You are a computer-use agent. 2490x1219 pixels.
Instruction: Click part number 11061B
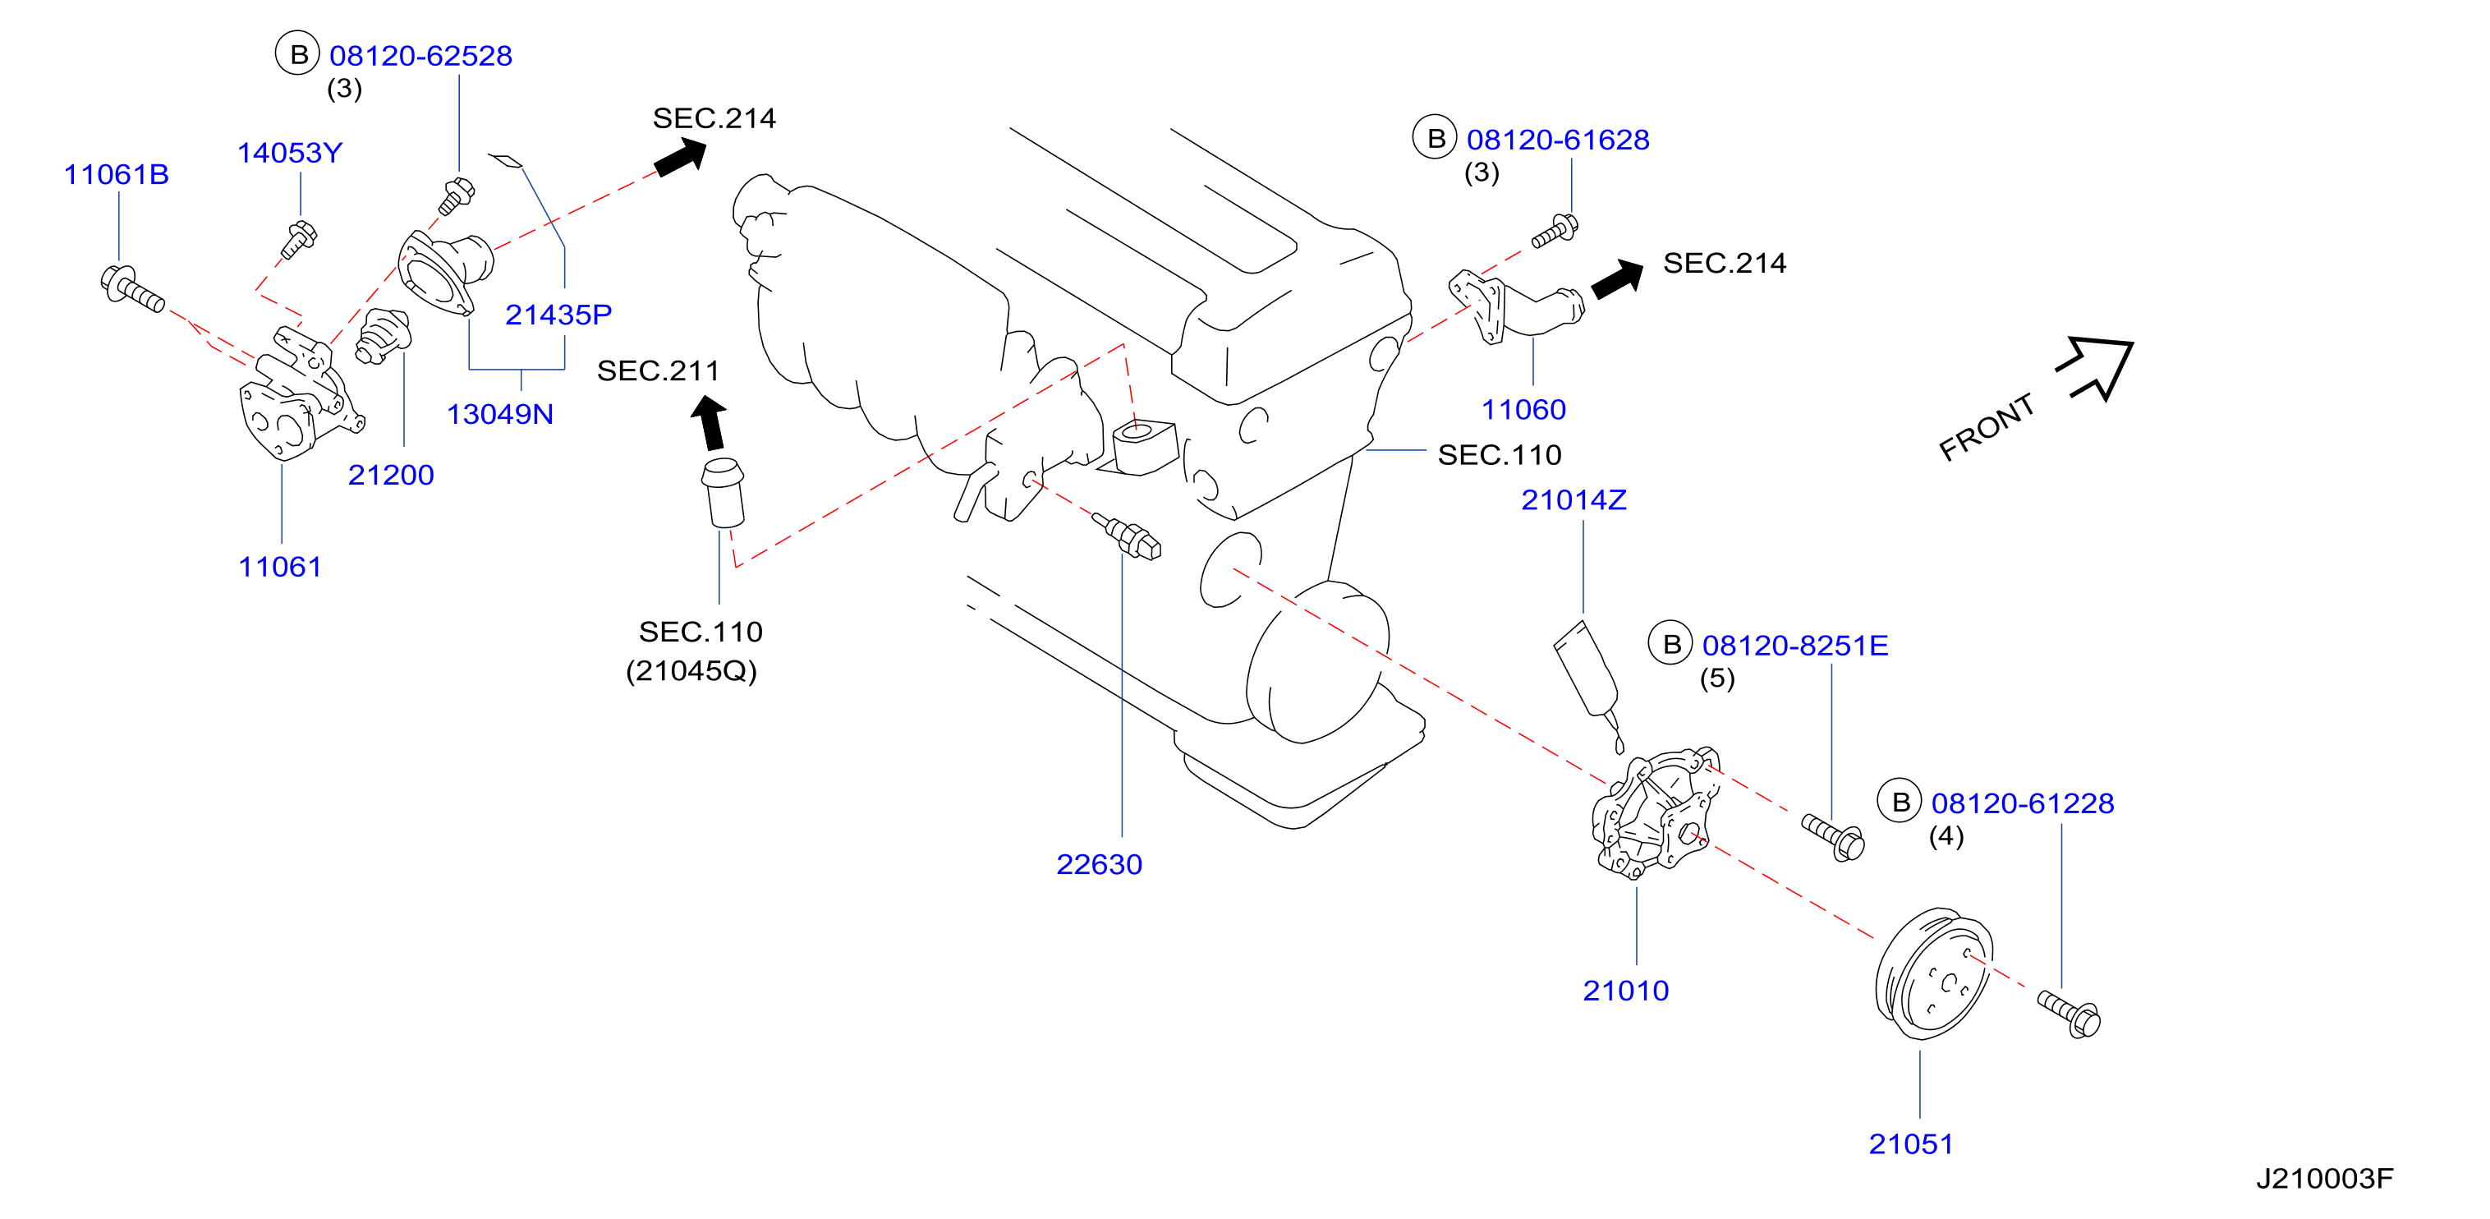(x=116, y=174)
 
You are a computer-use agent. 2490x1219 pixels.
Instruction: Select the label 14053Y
(x=290, y=153)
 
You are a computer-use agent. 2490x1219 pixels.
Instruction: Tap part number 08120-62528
(x=420, y=55)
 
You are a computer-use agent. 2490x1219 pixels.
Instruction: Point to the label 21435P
(x=558, y=314)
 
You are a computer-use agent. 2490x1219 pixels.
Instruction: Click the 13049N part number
(x=500, y=414)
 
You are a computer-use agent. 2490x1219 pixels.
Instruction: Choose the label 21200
(x=391, y=475)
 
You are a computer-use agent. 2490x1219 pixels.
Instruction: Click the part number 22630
(x=1099, y=863)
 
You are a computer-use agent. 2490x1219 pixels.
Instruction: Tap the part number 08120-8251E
(x=1795, y=645)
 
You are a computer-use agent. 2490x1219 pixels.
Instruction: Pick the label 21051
(x=1911, y=1143)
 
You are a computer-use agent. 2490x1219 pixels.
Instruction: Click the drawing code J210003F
(x=2325, y=1179)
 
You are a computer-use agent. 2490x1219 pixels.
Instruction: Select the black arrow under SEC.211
(x=710, y=423)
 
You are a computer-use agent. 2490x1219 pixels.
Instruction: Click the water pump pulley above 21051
(x=1933, y=973)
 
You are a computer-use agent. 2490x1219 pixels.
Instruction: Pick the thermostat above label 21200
(x=383, y=335)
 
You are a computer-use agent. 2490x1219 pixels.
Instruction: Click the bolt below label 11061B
(x=132, y=289)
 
